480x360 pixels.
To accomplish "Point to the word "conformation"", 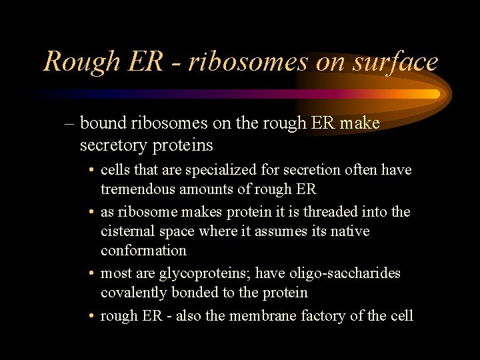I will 143,250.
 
